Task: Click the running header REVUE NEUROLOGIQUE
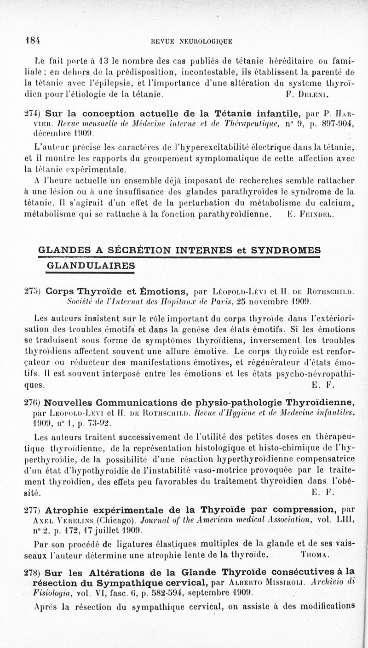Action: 189,41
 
